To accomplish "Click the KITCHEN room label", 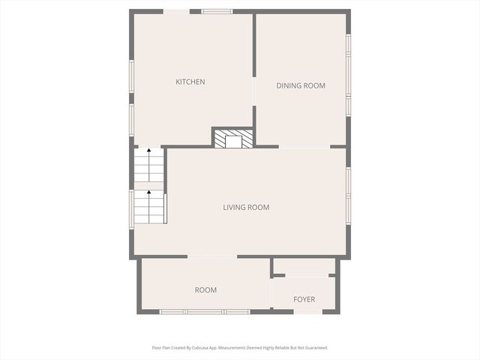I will [190, 82].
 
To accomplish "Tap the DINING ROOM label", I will [301, 85].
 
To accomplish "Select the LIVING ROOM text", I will [246, 207].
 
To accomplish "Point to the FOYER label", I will [304, 299].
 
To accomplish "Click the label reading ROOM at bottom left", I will [205, 289].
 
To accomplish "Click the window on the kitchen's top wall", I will [216, 11].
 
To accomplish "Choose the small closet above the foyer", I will [304, 267].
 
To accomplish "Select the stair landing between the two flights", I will [148, 184].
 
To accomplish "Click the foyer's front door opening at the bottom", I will [307, 311].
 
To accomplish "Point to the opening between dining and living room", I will [304, 146].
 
